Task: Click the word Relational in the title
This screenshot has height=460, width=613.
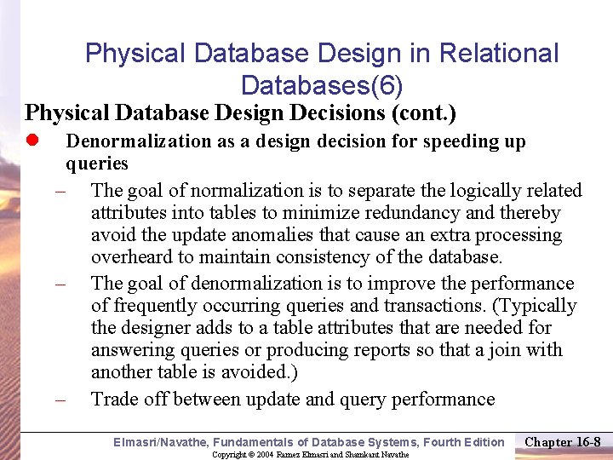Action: click(499, 54)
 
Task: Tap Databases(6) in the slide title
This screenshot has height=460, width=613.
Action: click(322, 85)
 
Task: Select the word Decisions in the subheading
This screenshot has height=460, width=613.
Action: click(335, 112)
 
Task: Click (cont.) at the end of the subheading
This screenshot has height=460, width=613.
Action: click(423, 112)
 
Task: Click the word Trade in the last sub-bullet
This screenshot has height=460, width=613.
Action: click(114, 399)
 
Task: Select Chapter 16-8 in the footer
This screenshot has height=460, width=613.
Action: click(563, 441)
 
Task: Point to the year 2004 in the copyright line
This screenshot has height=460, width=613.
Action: click(266, 455)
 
